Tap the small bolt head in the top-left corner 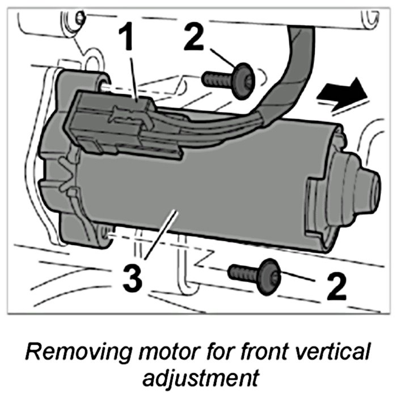pos(81,17)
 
